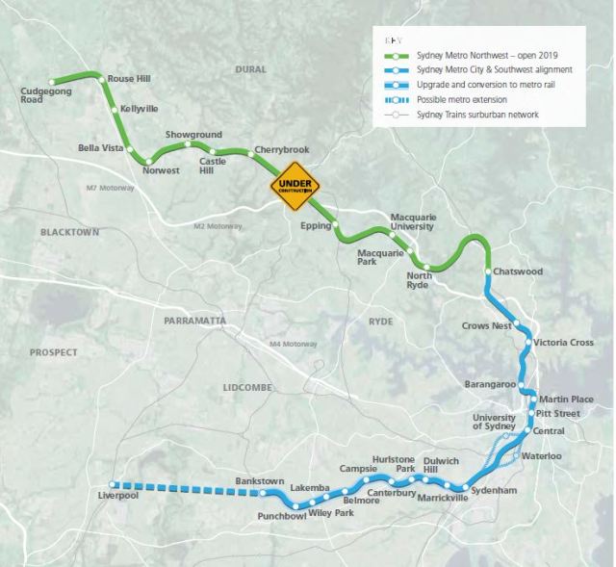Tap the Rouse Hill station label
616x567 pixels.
tap(130, 78)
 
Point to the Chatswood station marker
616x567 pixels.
tap(488, 272)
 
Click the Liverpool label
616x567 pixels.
tap(119, 496)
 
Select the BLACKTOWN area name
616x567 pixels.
tap(70, 233)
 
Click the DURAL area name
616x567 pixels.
tap(250, 69)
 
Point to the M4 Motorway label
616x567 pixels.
tap(294, 344)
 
